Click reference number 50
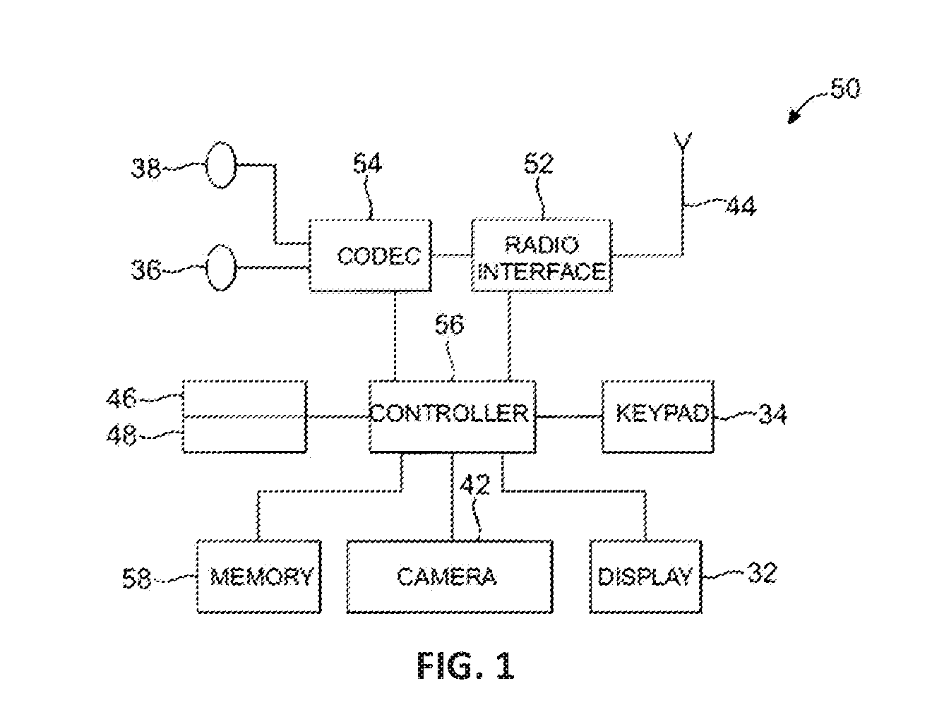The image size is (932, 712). [x=845, y=89]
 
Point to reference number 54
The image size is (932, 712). [x=367, y=164]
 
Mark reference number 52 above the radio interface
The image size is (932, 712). [x=539, y=164]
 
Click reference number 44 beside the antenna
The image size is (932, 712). [x=741, y=206]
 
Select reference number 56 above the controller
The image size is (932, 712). [x=449, y=325]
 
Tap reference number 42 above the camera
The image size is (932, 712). [x=474, y=484]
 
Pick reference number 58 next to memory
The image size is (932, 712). [x=136, y=578]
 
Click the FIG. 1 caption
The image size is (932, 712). [x=466, y=665]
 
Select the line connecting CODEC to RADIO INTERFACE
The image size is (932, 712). [x=452, y=255]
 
